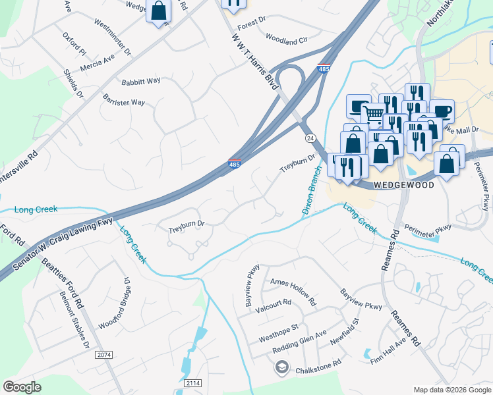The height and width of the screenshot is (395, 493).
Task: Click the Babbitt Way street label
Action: pos(140,81)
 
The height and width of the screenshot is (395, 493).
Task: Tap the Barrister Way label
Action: pos(123,102)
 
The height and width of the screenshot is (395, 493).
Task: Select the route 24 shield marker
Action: pos(310,138)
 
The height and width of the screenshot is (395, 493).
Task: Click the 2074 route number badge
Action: pos(104,355)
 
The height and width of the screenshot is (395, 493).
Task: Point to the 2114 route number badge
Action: pos(192,382)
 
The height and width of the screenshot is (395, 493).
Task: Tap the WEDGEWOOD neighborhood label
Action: pos(404,186)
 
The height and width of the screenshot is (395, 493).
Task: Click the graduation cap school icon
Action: pos(281,367)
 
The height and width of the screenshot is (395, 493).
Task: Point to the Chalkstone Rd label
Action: pos(318,363)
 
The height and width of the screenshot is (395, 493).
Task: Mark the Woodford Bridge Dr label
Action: pos(113,303)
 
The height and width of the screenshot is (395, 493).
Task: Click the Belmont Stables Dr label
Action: pos(74,320)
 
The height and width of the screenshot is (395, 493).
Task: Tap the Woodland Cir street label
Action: pos(287,39)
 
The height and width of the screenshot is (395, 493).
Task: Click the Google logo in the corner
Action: pos(22,387)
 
